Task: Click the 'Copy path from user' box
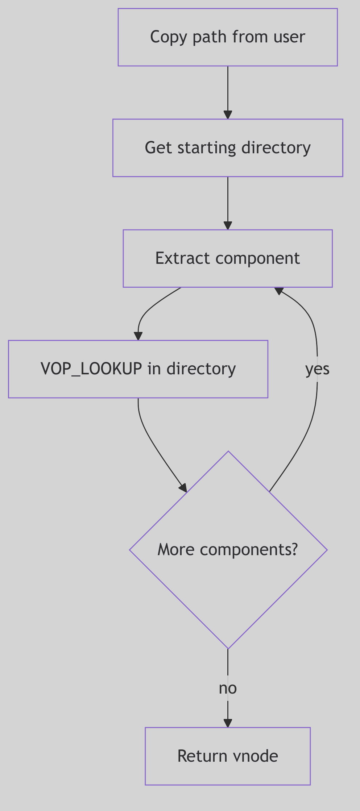pyautogui.click(x=228, y=37)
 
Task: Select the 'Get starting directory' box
pyautogui.click(x=228, y=148)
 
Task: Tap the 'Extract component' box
pyautogui.click(x=228, y=258)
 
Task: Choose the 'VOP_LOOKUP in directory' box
pyautogui.click(x=138, y=369)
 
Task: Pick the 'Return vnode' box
pyautogui.click(x=228, y=756)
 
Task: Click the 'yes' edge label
pyautogui.click(x=317, y=369)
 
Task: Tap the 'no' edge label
pyautogui.click(x=228, y=688)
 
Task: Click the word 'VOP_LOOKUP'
pyautogui.click(x=91, y=369)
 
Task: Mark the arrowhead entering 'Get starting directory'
pyautogui.click(x=228, y=115)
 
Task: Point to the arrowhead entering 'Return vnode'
pyautogui.click(x=228, y=723)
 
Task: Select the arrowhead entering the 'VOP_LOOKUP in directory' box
pyautogui.click(x=138, y=336)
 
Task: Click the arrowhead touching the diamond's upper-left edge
pyautogui.click(x=183, y=488)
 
